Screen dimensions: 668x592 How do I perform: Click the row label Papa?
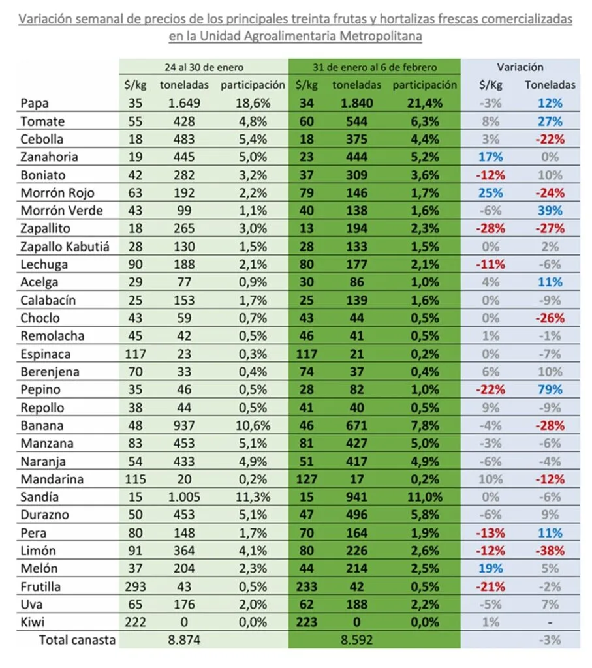(x=35, y=103)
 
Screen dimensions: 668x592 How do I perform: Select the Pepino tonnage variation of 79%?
(x=550, y=389)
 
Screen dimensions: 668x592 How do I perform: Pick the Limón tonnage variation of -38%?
(x=550, y=551)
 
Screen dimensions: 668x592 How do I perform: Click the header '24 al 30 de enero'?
(x=204, y=67)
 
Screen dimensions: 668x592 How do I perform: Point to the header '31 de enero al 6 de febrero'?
(x=375, y=67)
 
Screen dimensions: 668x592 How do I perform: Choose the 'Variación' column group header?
(x=520, y=67)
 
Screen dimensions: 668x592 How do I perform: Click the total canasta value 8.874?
(x=184, y=640)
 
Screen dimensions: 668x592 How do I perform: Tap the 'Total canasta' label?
(x=77, y=640)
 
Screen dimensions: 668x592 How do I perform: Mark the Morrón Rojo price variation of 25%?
(x=490, y=192)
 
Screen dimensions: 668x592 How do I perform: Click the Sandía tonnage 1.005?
(x=184, y=497)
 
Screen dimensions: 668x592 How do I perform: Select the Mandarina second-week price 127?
(x=306, y=479)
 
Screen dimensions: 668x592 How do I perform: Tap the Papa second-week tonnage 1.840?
(x=356, y=103)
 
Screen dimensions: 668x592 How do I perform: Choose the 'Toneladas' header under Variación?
(x=550, y=85)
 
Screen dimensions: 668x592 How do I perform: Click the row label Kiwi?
(x=33, y=622)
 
